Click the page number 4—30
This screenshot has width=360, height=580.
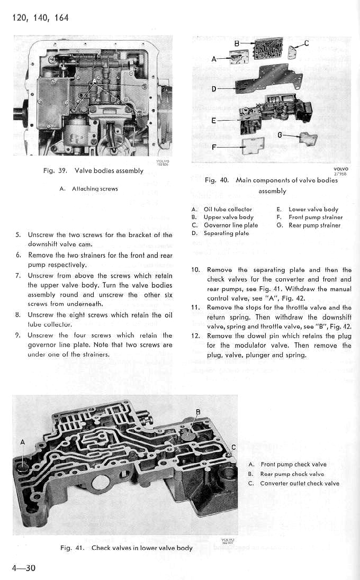click(x=23, y=568)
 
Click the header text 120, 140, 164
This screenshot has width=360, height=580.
click(x=40, y=18)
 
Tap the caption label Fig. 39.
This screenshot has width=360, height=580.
click(x=54, y=171)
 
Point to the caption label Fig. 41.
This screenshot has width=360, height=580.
click(x=72, y=548)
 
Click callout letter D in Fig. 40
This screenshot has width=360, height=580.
click(x=214, y=88)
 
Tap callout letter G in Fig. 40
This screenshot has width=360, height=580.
click(x=279, y=135)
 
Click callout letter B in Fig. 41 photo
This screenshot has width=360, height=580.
click(x=198, y=412)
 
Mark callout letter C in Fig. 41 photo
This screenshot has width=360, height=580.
click(x=233, y=445)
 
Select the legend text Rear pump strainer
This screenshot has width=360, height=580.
click(x=314, y=225)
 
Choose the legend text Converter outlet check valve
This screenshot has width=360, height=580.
click(x=300, y=484)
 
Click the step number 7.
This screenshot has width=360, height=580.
click(x=18, y=276)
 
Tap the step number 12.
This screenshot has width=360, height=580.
click(x=194, y=336)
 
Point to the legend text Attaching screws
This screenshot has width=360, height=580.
click(x=95, y=188)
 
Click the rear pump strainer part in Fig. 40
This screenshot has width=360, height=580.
click(x=308, y=139)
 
